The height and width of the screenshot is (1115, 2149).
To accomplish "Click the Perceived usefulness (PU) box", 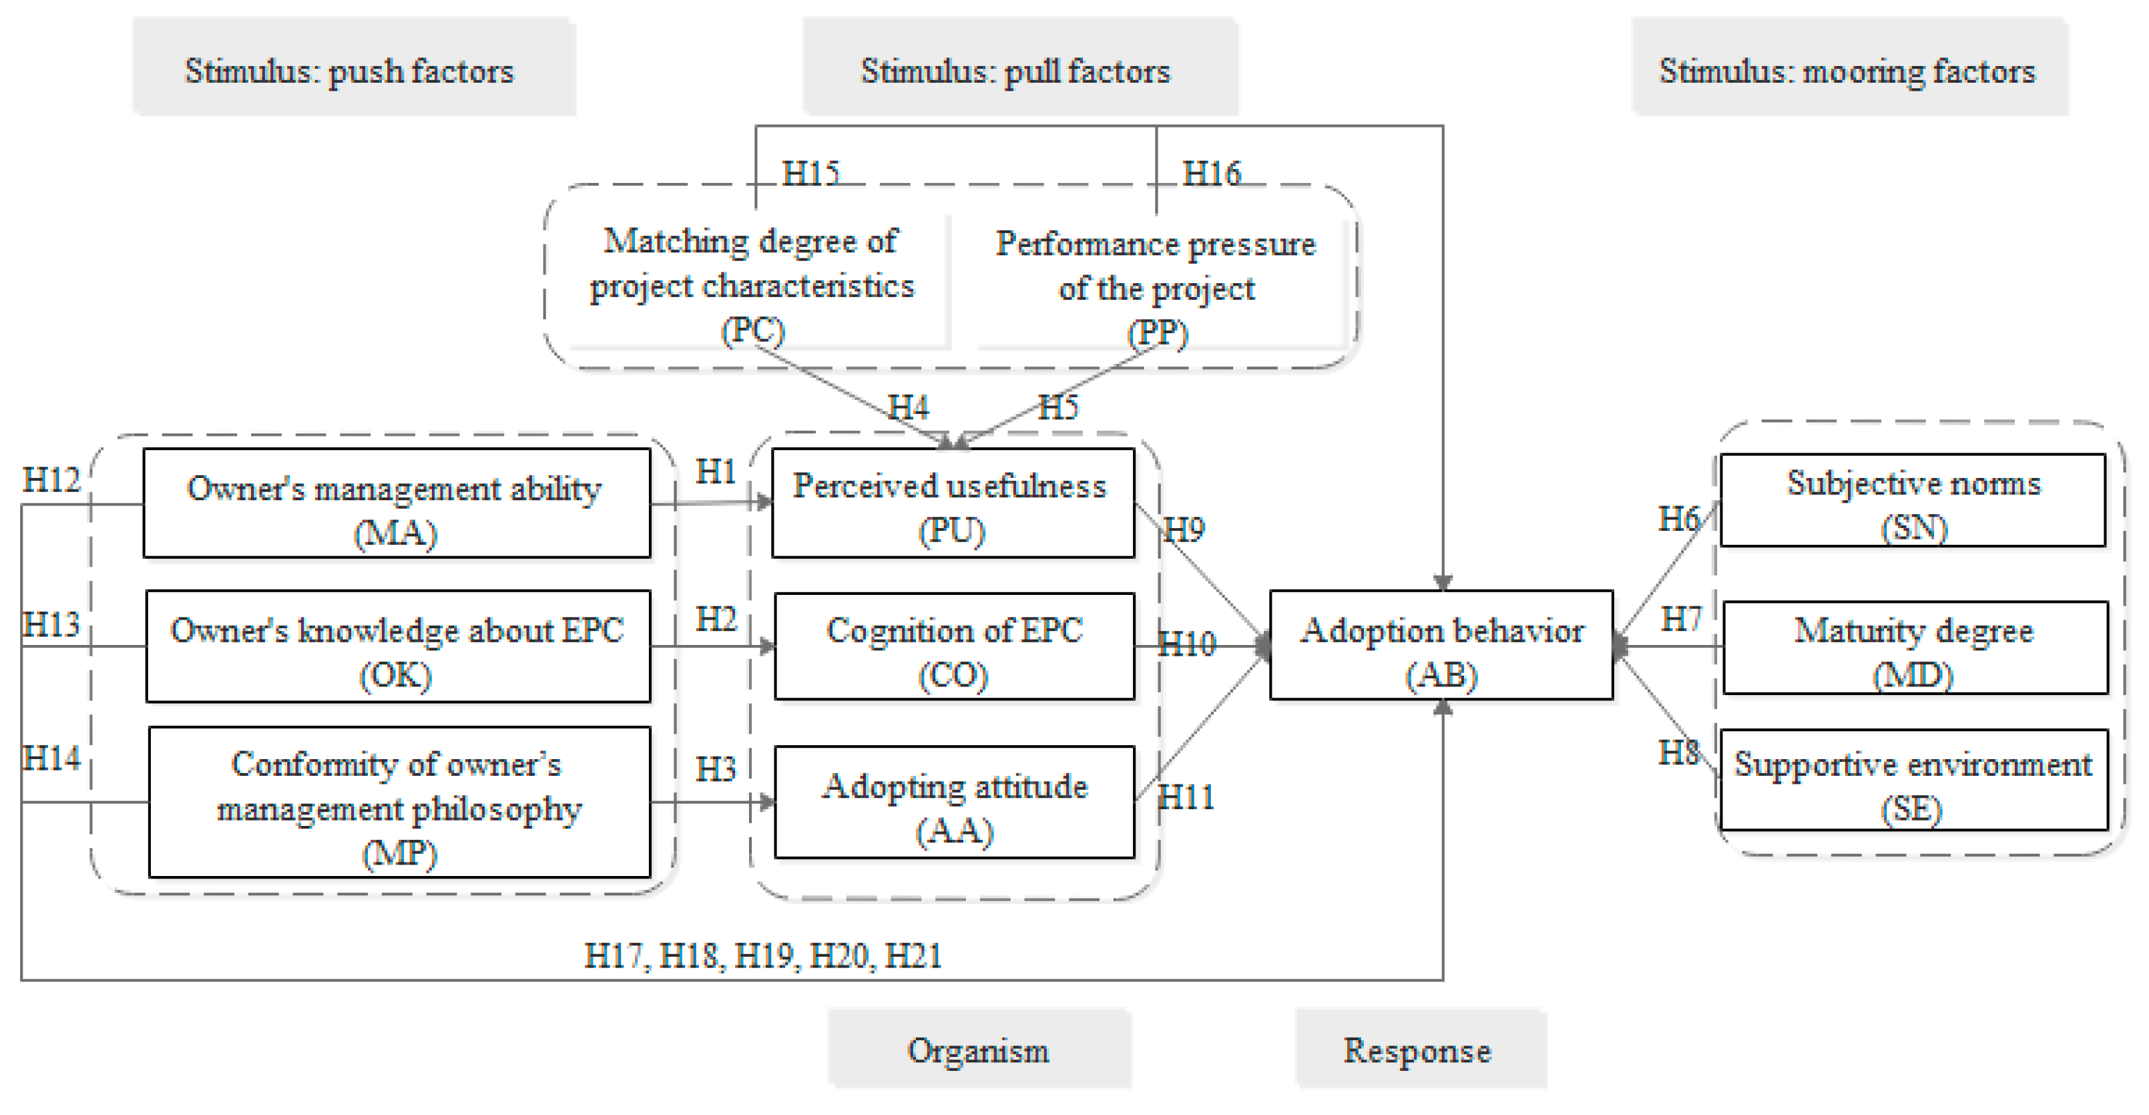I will [953, 503].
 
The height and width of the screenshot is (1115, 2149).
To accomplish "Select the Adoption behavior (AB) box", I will [1441, 645].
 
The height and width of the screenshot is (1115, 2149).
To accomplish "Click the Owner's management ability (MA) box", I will [397, 503].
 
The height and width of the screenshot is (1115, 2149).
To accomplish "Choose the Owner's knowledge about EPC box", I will [398, 647].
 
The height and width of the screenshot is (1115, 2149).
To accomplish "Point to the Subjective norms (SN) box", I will [1913, 501].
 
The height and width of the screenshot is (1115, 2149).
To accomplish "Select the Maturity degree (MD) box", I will [1915, 648].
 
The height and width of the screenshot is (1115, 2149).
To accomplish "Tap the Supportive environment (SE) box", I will [1913, 780].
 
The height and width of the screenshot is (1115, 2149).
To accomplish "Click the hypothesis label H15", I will [810, 174].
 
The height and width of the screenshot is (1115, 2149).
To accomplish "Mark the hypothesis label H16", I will [1211, 174].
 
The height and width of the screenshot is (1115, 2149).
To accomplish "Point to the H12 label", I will [51, 480].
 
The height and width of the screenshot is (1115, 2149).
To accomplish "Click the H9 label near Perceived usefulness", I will [1184, 529].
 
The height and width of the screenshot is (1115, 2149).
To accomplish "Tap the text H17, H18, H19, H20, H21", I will [762, 955].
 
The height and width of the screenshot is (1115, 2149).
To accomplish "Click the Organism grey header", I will [979, 1050].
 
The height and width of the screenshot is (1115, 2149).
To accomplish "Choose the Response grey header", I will [1417, 1050].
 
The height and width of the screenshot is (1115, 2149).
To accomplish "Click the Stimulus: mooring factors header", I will [1848, 70].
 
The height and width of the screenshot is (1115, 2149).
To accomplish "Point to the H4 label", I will [908, 407].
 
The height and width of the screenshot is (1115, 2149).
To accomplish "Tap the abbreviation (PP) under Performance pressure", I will [1157, 333].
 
